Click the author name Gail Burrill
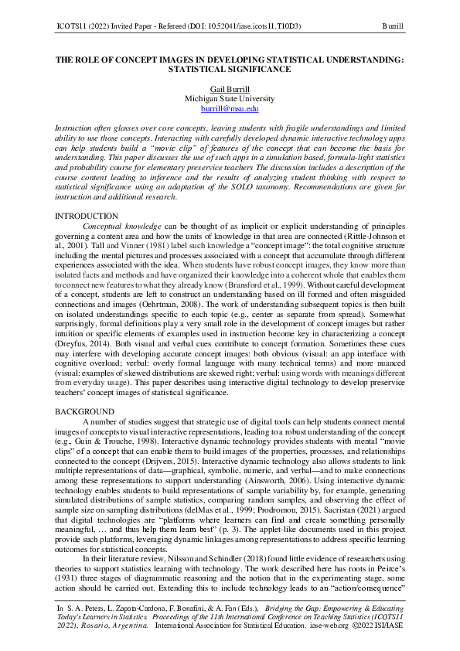pyautogui.click(x=230, y=89)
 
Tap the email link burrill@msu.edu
pyautogui.click(x=230, y=109)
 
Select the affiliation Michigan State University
pyautogui.click(x=230, y=99)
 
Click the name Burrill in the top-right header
pyautogui.click(x=394, y=26)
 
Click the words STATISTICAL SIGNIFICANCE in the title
pyautogui.click(x=230, y=68)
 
